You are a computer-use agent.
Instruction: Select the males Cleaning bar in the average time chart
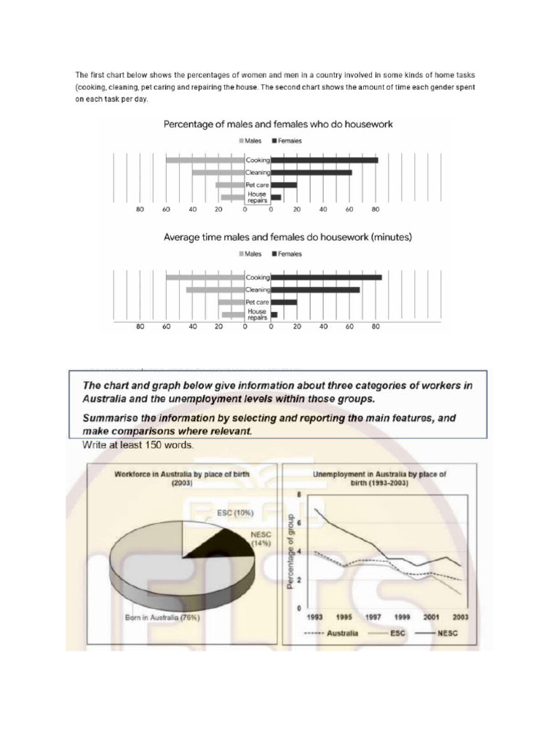pos(215,290)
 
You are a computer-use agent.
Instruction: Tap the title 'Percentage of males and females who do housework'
pos(278,125)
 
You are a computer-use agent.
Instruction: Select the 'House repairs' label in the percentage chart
pos(257,197)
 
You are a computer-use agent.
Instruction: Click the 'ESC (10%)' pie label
pos(235,513)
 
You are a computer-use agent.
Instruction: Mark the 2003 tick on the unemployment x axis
pos(460,617)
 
